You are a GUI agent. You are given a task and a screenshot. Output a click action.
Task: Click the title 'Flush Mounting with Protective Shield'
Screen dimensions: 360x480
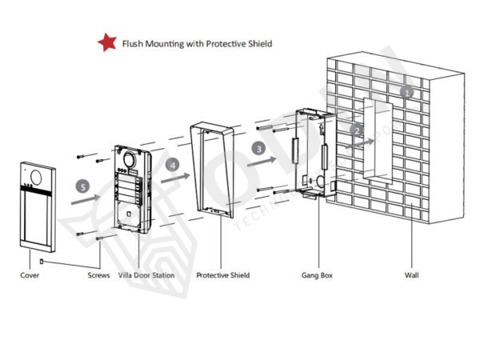click(196, 43)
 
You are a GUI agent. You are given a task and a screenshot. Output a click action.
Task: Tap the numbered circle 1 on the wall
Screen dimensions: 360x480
click(407, 92)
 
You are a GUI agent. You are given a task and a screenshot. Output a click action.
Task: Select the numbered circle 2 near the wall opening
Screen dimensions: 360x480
click(358, 129)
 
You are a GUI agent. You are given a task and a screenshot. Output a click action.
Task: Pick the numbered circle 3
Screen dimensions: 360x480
click(258, 149)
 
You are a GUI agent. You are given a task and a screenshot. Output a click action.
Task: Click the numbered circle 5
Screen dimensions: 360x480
click(82, 186)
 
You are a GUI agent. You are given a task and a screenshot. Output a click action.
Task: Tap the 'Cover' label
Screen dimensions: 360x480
click(30, 275)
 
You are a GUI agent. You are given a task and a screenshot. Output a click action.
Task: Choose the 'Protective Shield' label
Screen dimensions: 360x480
click(223, 275)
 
